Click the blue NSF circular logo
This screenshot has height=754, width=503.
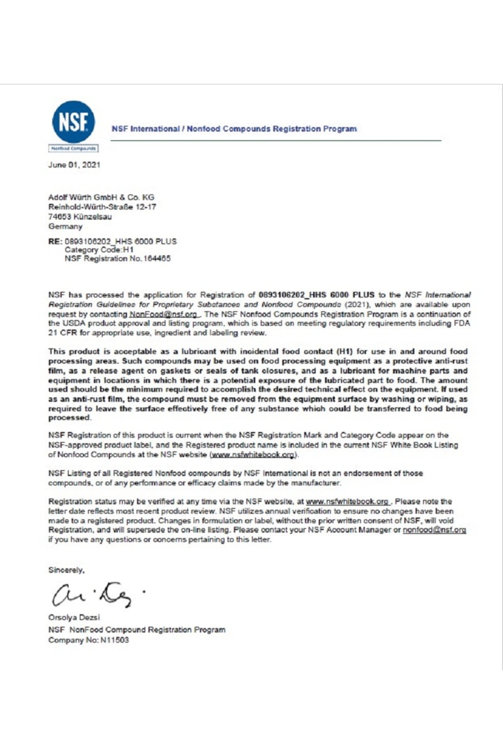pyautogui.click(x=73, y=121)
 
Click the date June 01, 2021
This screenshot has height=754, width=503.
pyautogui.click(x=74, y=165)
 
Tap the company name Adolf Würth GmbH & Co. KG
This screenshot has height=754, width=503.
pyautogui.click(x=101, y=197)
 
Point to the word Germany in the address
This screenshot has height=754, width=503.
pyautogui.click(x=65, y=226)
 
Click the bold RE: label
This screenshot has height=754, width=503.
pyautogui.click(x=55, y=241)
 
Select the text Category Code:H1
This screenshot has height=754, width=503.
pyautogui.click(x=99, y=250)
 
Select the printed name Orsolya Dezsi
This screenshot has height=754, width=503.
pyautogui.click(x=74, y=617)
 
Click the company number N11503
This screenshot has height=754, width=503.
pyautogui.click(x=114, y=640)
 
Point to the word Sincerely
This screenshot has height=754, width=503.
pyautogui.click(x=66, y=570)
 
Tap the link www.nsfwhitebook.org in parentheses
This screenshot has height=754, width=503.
pyautogui.click(x=254, y=454)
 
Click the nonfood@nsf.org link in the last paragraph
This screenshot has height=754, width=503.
pyautogui.click(x=434, y=530)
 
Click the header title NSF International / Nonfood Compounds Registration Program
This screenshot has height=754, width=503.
pyautogui.click(x=234, y=129)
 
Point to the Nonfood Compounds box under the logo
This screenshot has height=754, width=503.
pyautogui.click(x=74, y=148)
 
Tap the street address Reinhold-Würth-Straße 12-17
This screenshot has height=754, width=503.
pyautogui.click(x=102, y=207)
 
